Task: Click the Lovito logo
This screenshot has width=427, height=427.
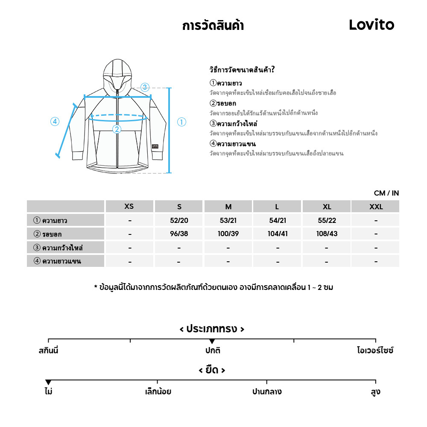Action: click(x=371, y=25)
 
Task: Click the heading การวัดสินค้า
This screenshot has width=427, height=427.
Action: click(x=213, y=26)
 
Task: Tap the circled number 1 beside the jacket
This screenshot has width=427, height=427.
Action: click(x=181, y=122)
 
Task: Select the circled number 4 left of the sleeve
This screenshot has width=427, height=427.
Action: click(x=55, y=122)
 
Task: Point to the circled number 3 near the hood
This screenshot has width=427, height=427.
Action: click(x=145, y=88)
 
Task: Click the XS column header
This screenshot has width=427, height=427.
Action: click(x=129, y=207)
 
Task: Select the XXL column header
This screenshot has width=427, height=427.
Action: click(x=376, y=207)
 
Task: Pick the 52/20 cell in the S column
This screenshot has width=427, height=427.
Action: click(x=179, y=220)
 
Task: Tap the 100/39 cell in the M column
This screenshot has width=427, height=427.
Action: click(x=228, y=234)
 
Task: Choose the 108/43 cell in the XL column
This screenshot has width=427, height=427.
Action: click(x=327, y=234)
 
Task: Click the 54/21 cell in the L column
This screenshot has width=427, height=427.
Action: click(x=277, y=220)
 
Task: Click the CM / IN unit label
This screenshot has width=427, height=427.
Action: click(x=386, y=193)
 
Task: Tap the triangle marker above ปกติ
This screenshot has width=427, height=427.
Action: click(x=212, y=341)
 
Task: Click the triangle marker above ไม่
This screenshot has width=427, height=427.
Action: click(x=48, y=382)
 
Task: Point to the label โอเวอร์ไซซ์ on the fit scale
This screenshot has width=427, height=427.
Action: click(x=375, y=351)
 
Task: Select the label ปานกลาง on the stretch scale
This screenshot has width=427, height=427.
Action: click(x=267, y=392)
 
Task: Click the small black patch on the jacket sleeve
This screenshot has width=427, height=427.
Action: click(x=155, y=146)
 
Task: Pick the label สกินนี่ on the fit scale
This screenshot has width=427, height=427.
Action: click(x=48, y=351)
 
